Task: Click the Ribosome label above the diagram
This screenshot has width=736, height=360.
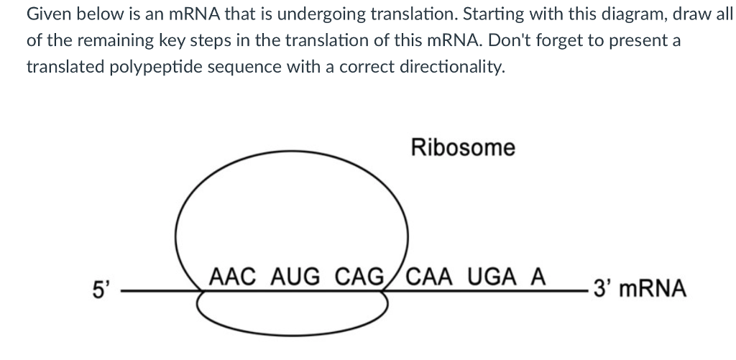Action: [x=463, y=148]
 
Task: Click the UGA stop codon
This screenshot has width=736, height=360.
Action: [x=494, y=276]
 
